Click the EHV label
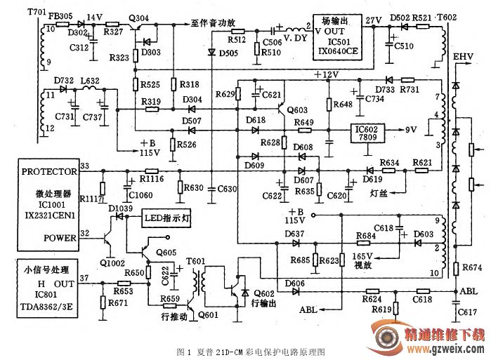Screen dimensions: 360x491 463,56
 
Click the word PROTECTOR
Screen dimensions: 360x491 49,171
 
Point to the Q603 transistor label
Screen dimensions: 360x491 297,110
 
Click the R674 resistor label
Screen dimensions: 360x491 472,268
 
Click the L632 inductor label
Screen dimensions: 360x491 89,82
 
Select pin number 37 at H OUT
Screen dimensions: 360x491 85,279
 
